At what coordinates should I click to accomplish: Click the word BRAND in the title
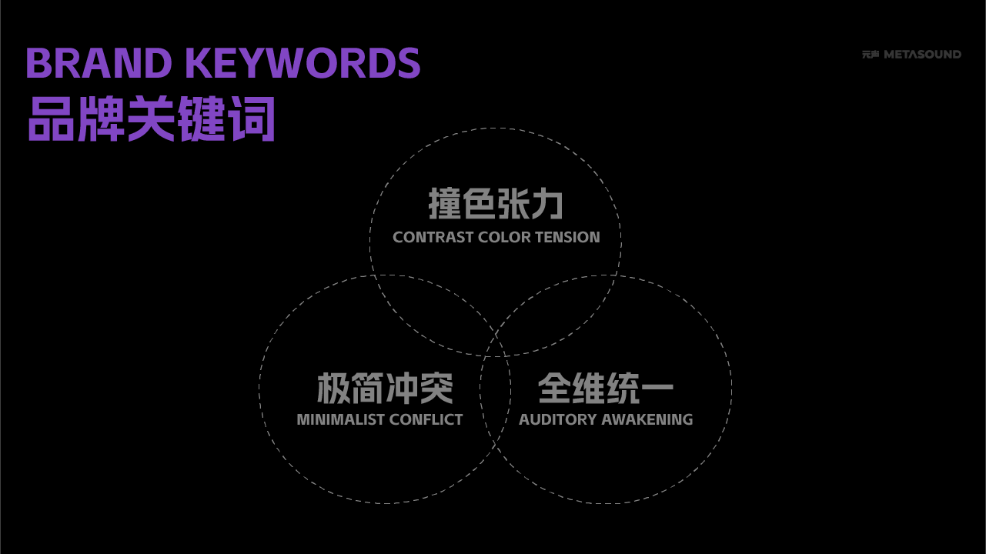coord(98,64)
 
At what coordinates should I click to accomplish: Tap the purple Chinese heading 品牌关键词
coord(152,119)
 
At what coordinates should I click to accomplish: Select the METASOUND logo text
coord(922,55)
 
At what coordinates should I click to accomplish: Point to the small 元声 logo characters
coord(871,55)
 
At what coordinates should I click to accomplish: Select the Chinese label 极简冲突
coord(385,389)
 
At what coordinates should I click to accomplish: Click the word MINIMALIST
coord(340,420)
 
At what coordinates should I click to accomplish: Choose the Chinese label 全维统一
coord(605,389)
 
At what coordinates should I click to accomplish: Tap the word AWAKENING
coord(647,420)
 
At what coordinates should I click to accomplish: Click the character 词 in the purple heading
coord(252,119)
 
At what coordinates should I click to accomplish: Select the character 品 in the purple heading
coord(51,119)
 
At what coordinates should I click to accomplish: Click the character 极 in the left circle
coord(334,389)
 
